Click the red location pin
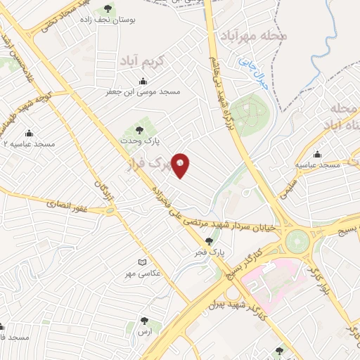click(181, 165)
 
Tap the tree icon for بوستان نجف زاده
click(108, 9)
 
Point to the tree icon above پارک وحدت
click(139, 129)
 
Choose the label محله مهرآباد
click(255, 35)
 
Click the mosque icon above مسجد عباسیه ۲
click(29, 133)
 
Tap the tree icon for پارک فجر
click(209, 240)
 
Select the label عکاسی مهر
click(140, 272)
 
